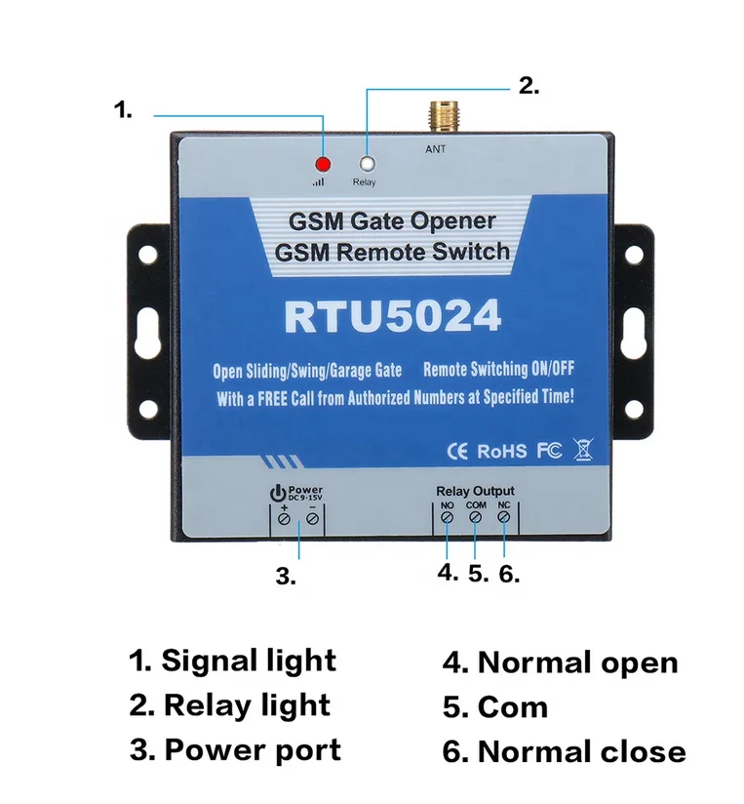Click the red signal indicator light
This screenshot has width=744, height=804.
[x=324, y=163]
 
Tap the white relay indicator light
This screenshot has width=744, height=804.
[x=367, y=164]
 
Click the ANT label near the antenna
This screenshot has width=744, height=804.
[x=435, y=149]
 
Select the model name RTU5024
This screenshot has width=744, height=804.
[x=392, y=317]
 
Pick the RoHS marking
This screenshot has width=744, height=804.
[x=502, y=451]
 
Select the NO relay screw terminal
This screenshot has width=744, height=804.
[x=448, y=519]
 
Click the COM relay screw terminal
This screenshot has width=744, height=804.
[x=476, y=519]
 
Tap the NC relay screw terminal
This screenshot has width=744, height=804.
[x=504, y=519]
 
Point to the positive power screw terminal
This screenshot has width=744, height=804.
[x=284, y=520]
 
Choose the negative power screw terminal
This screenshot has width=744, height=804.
[x=312, y=520]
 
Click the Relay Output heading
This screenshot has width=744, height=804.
[x=475, y=491]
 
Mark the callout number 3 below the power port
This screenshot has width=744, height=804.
[x=285, y=577]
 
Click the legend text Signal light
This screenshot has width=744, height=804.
[x=248, y=661]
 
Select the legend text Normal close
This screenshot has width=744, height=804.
[x=581, y=752]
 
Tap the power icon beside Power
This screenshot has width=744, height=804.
[x=277, y=492]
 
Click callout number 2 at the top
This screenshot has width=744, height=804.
[x=529, y=86]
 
